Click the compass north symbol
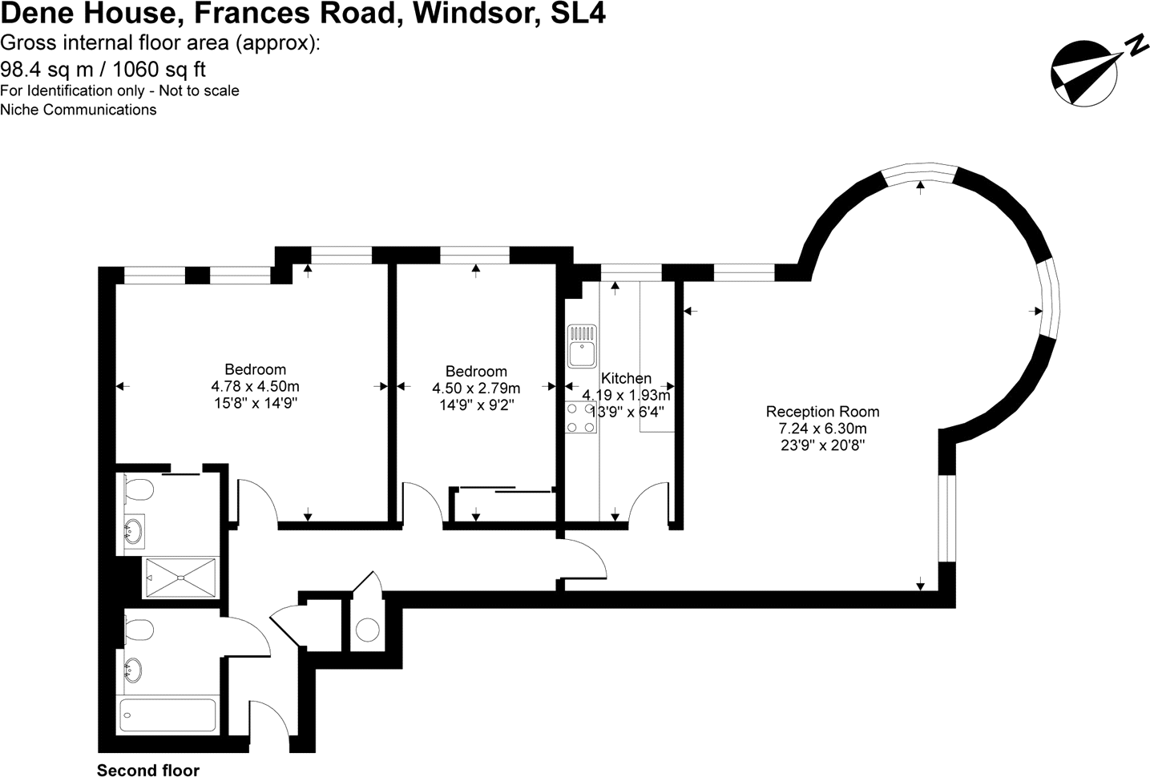1082,74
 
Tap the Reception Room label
822,412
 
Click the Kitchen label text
626,378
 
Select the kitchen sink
581,345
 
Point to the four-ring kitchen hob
581,417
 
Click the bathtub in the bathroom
167,714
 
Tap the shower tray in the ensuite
180,578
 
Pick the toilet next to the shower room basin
139,489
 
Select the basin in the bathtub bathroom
134,668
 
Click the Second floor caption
148,771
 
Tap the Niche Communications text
78,110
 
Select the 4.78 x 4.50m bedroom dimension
255,387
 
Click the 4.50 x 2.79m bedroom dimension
476,388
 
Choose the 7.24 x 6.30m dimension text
822,429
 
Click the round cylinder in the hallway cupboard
368,630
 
